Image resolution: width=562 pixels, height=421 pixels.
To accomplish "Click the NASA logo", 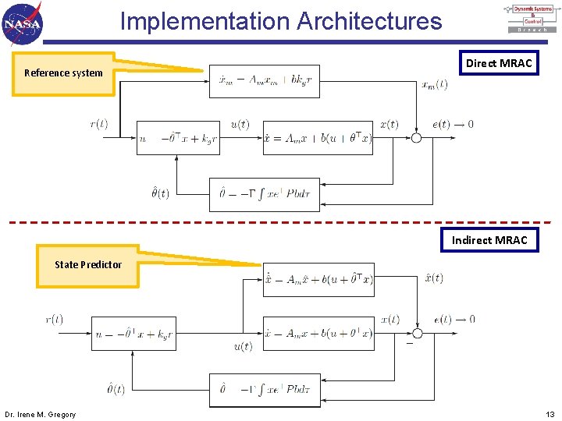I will point(23,23).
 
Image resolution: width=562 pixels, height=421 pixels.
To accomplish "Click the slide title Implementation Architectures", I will point(281,21).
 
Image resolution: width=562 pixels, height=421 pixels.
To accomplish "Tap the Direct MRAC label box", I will point(499,63).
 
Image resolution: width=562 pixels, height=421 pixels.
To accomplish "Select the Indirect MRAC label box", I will point(489,239).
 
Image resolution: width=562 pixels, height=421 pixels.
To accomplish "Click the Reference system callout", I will point(63,73).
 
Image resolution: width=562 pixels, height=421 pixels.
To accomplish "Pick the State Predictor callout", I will point(87,265).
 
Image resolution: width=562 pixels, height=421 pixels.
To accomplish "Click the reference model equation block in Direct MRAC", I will point(265,81).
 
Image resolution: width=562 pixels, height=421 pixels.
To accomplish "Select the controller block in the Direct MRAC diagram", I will point(178,138).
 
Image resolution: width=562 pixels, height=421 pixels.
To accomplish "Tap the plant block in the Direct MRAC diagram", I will point(318,138).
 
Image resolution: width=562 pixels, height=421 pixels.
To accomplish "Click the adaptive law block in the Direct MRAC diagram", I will point(265,194).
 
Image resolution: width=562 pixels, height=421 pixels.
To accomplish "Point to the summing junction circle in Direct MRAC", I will point(416,138).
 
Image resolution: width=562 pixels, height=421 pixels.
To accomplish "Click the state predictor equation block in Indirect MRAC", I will point(318,279).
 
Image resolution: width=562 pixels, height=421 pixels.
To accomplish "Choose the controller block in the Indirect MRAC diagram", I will point(133,334).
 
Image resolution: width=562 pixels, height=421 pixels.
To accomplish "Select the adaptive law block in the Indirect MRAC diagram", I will point(265,390).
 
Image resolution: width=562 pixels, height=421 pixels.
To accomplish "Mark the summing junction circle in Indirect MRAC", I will point(418,334).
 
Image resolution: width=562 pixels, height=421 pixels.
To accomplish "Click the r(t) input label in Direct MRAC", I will point(99,123).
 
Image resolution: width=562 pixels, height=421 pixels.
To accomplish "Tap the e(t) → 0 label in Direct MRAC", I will point(453,124).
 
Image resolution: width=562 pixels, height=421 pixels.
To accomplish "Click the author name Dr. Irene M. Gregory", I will point(41,414).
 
